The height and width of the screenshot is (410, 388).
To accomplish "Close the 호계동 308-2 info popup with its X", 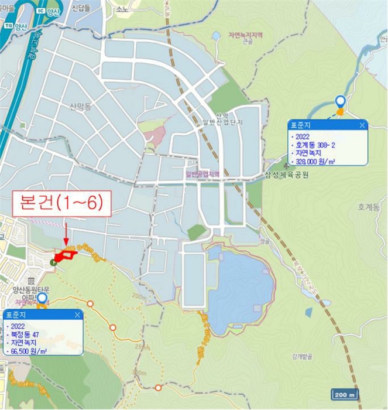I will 362,125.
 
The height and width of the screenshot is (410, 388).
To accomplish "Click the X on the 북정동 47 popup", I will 77,315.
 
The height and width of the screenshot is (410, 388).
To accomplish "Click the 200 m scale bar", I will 345,394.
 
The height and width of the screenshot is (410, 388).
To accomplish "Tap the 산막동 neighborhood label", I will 81,107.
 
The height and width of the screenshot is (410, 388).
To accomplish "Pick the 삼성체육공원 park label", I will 287,175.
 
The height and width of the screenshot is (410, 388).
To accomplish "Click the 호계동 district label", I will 369,207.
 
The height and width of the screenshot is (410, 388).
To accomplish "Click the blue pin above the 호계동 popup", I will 340,101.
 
